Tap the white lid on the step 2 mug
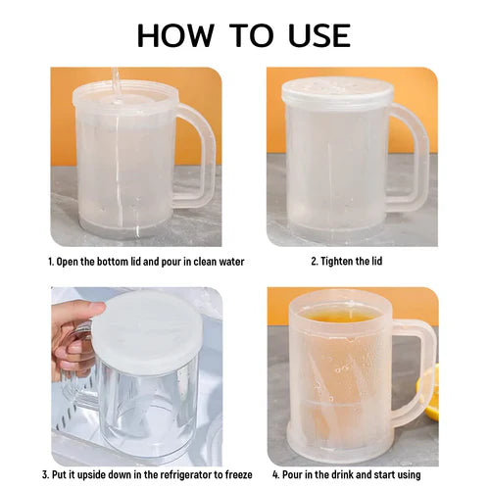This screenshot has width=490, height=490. pos(337,93)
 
